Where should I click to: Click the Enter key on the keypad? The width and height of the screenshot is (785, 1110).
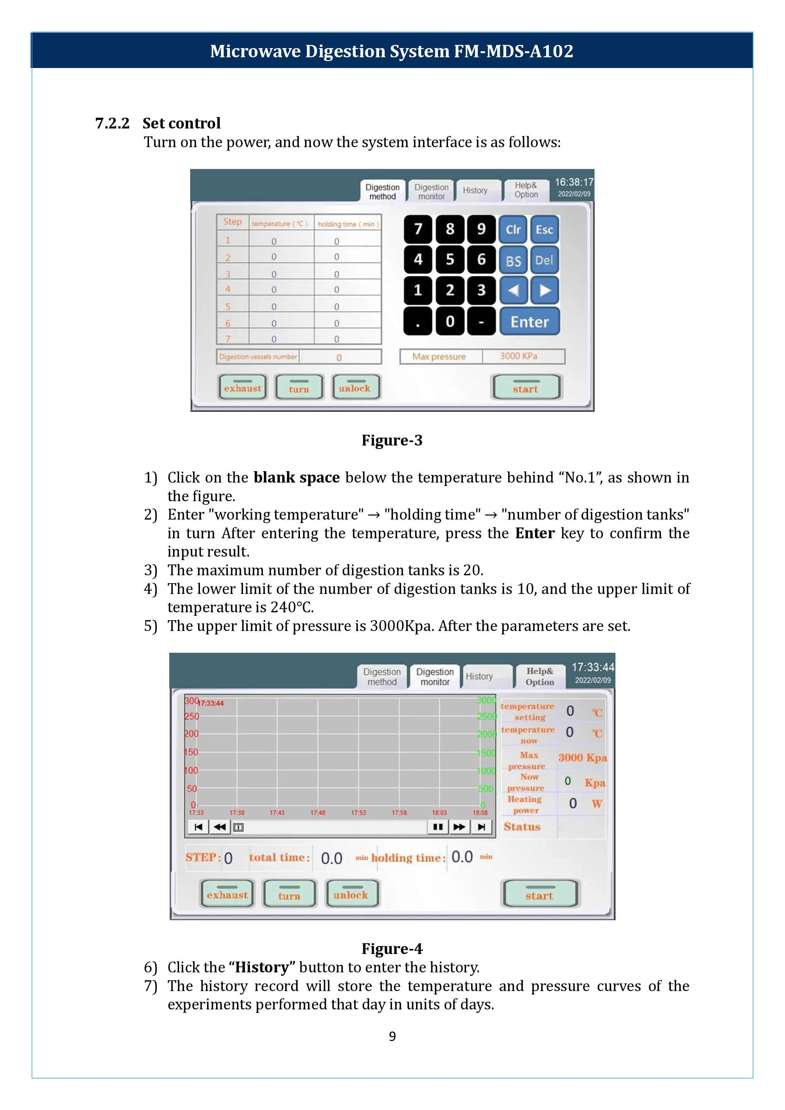tap(529, 321)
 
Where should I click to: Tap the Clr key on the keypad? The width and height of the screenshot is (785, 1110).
tap(513, 230)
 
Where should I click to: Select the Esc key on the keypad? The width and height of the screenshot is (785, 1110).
tap(544, 230)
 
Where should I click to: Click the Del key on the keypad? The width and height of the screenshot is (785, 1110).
tap(544, 260)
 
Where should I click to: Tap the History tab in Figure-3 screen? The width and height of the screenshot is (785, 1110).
tap(475, 190)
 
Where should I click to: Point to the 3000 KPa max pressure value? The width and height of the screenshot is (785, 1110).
tap(519, 356)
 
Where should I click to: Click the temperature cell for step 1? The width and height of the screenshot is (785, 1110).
tap(274, 241)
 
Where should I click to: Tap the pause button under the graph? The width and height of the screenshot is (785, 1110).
tap(438, 827)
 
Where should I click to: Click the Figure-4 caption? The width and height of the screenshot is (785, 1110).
tap(392, 948)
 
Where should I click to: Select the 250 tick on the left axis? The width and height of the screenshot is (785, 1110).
tap(191, 716)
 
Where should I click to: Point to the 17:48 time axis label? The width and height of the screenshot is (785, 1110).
tap(318, 813)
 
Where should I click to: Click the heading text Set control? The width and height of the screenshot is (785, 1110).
tap(181, 123)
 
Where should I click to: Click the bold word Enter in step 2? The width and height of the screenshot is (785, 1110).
tap(535, 533)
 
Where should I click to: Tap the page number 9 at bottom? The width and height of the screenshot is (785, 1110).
tap(392, 1036)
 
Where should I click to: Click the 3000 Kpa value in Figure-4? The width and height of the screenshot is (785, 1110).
tap(583, 758)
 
